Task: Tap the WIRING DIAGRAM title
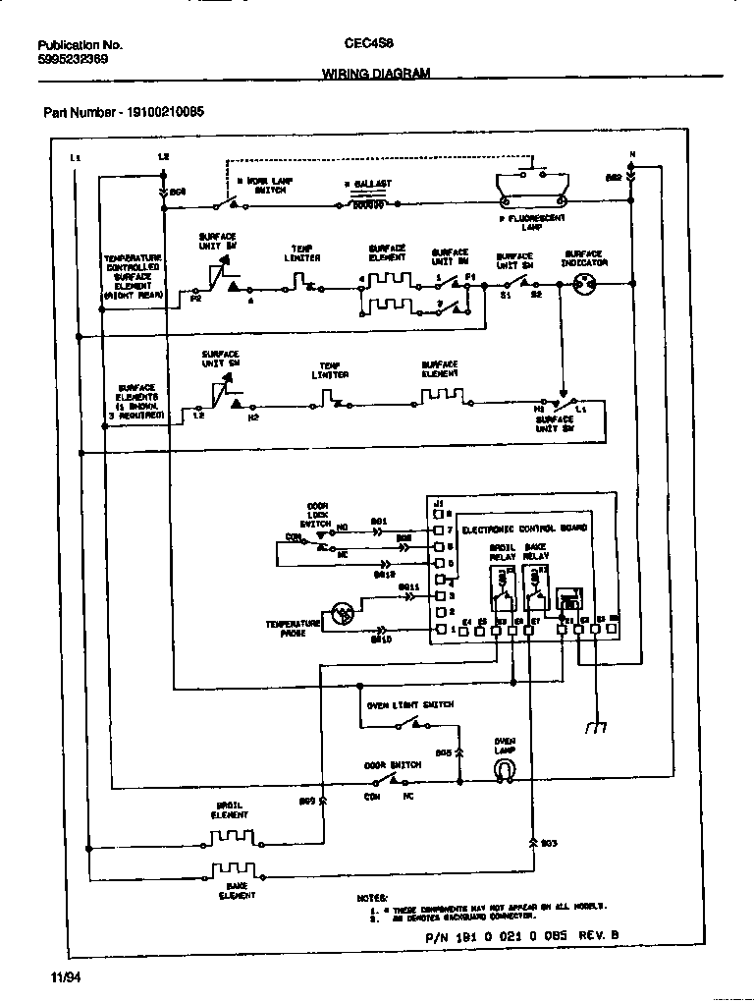point(376,74)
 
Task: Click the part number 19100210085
point(123,112)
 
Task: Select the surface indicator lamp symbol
point(580,285)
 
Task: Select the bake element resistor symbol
point(233,870)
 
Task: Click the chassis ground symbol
point(595,728)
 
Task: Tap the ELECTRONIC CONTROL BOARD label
point(523,529)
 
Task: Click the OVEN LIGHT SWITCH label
point(409,705)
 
